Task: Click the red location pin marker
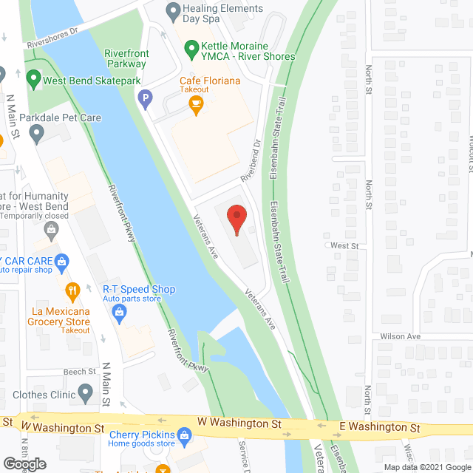coord(236,220)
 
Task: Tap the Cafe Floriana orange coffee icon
coord(196,106)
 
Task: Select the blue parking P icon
coord(146,96)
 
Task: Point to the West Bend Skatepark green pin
coord(33,77)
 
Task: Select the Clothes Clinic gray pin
coord(86,392)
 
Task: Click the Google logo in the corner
coord(24,463)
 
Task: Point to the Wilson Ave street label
coord(401,336)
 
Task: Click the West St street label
coord(344,245)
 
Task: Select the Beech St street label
coord(81,372)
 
